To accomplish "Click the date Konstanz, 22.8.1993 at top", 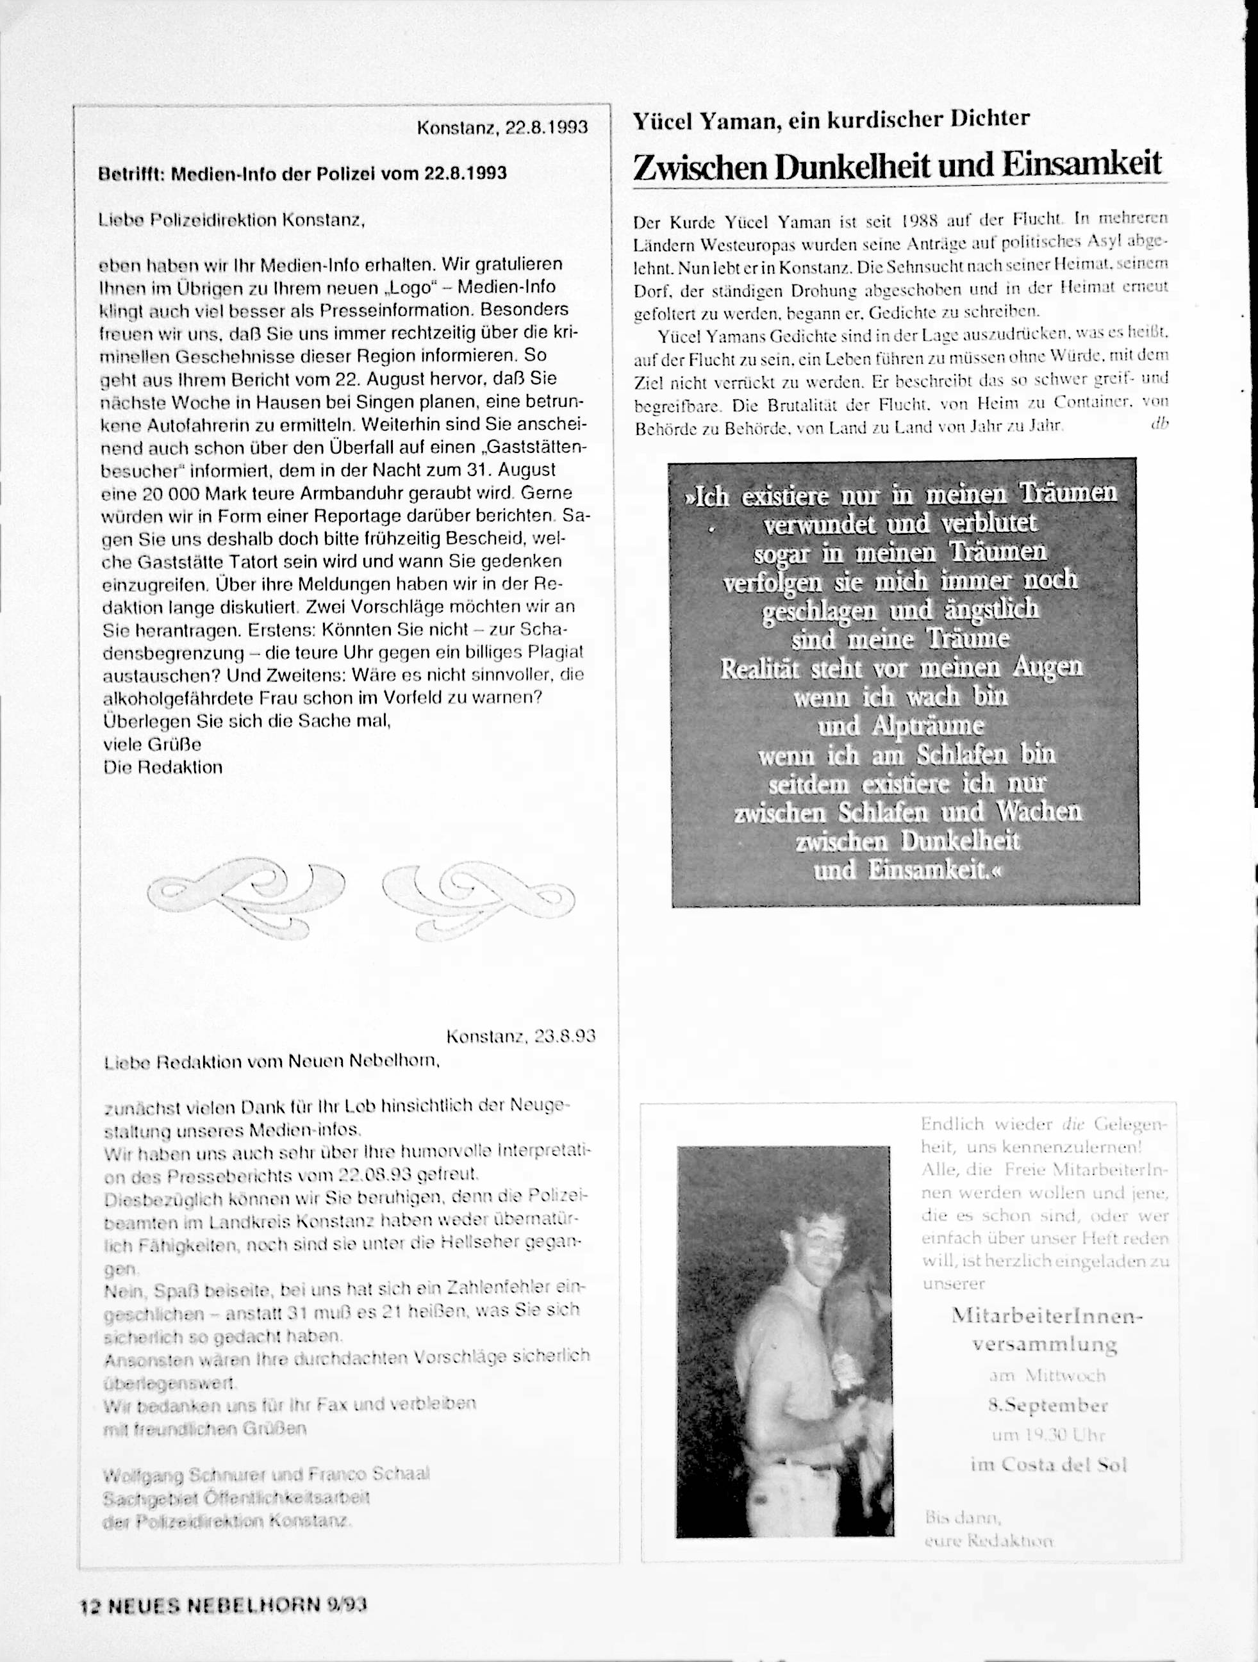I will point(502,127).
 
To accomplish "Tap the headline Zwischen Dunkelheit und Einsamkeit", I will point(897,165).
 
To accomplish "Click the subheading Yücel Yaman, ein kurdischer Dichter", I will point(831,119).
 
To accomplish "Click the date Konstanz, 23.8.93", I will point(520,1037).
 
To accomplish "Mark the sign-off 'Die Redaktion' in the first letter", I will point(162,767).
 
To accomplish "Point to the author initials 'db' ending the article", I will point(1158,423).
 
